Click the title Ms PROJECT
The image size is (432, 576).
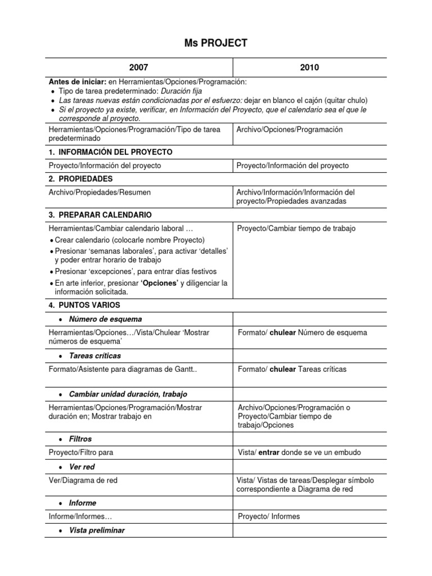click(216, 44)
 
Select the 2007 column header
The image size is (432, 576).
click(138, 67)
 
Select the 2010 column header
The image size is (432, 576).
click(309, 67)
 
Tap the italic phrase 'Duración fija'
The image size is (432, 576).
click(181, 91)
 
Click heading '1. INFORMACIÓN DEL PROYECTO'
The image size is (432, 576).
click(111, 152)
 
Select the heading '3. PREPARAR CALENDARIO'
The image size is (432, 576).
click(100, 215)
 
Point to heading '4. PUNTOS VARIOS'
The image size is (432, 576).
click(84, 305)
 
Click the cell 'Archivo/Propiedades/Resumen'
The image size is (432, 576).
click(100, 192)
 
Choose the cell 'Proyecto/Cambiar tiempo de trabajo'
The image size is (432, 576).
click(296, 228)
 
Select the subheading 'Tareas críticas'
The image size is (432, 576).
click(94, 355)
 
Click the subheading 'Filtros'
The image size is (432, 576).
click(80, 439)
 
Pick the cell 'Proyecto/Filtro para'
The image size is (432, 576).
click(85, 452)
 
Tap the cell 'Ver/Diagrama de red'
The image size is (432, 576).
click(83, 480)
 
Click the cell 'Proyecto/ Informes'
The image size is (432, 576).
click(269, 516)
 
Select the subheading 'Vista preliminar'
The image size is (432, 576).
click(97, 530)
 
